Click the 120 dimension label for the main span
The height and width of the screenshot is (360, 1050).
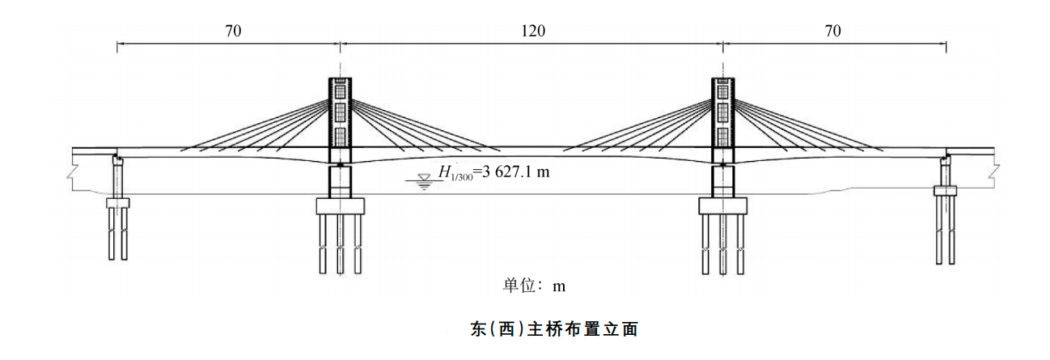(x=532, y=32)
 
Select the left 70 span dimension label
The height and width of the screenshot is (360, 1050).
(x=233, y=32)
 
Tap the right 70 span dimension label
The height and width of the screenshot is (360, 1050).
(x=833, y=32)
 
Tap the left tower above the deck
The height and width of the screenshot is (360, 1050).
(x=341, y=113)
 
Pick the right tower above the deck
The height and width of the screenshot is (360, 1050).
(x=722, y=113)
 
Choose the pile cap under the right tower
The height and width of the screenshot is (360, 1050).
(x=722, y=206)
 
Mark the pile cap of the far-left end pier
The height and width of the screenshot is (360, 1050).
(x=118, y=202)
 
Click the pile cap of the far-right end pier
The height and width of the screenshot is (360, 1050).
(x=945, y=192)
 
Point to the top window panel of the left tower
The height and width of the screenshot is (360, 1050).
(x=341, y=86)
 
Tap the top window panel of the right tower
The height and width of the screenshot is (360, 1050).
(x=722, y=86)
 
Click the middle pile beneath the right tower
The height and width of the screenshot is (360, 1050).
(x=722, y=243)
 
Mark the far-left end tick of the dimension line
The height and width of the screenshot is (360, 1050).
(x=117, y=46)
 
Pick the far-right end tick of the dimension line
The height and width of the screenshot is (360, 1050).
(x=946, y=46)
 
